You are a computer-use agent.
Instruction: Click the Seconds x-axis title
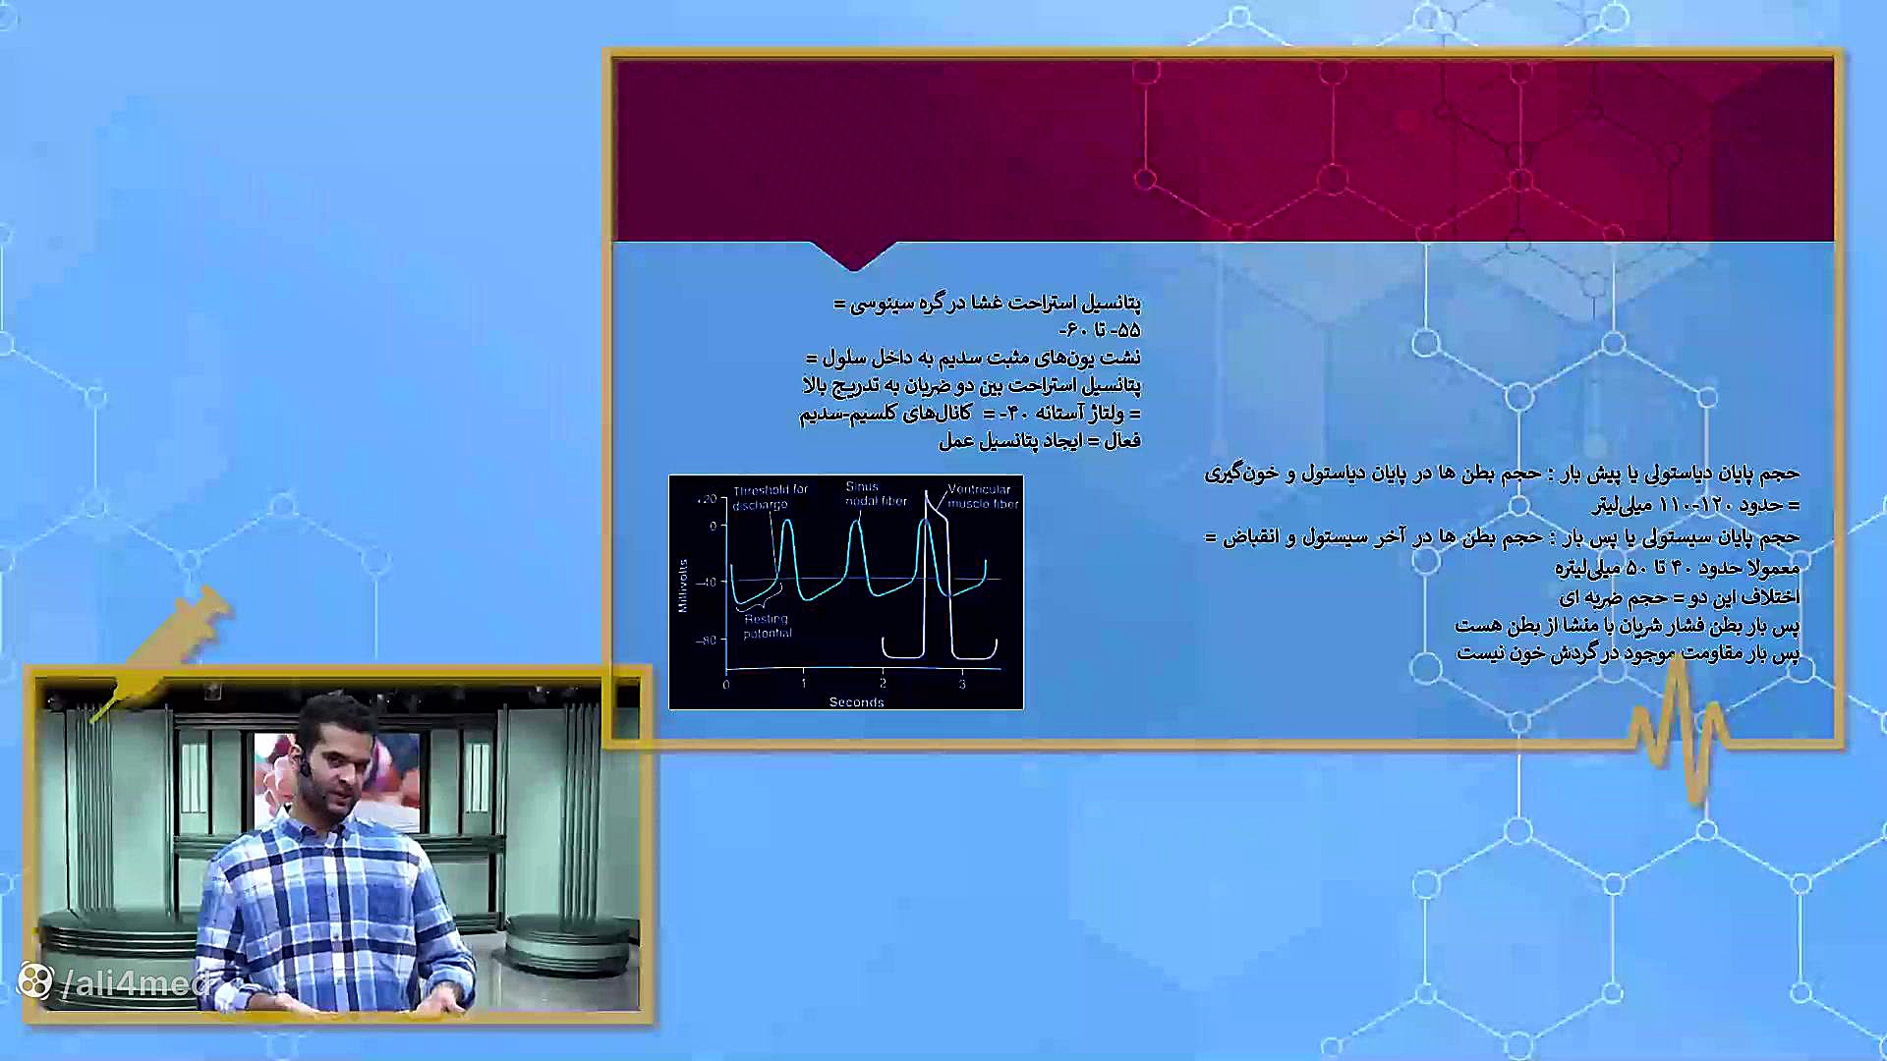(856, 701)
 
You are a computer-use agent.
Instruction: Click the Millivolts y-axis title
(683, 586)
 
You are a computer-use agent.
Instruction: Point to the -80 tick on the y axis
(707, 641)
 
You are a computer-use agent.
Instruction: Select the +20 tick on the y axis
(707, 499)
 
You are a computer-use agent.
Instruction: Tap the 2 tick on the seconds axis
(883, 684)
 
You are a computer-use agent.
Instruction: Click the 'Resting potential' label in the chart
(767, 626)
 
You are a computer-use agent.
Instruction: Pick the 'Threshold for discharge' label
(769, 496)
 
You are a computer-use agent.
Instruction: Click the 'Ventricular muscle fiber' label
(982, 496)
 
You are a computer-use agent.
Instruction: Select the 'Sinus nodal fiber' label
(875, 493)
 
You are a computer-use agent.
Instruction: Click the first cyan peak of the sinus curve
(787, 522)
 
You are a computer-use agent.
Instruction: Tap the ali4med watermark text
(137, 982)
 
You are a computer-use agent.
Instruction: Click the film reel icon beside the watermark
(35, 980)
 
